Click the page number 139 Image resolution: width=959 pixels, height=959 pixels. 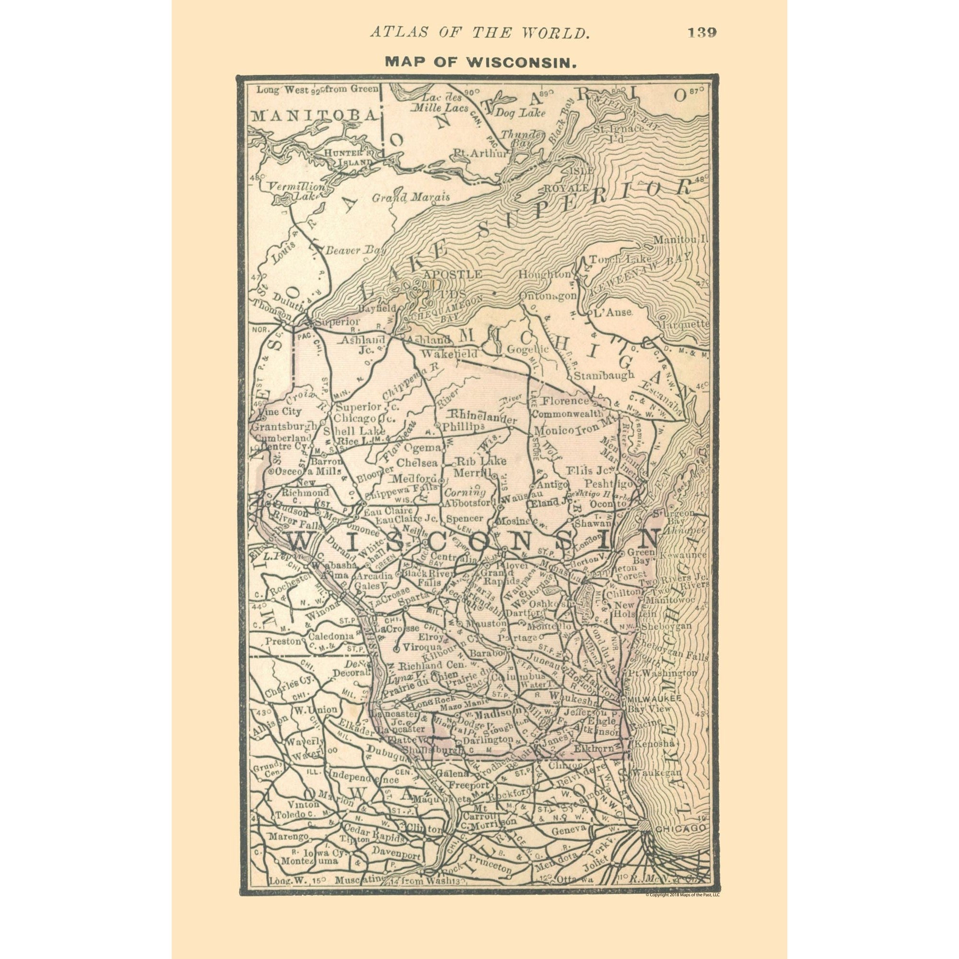(702, 33)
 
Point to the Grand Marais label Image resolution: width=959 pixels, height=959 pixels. (411, 198)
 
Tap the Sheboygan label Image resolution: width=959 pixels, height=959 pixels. (666, 626)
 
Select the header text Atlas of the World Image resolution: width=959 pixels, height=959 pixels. (480, 33)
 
